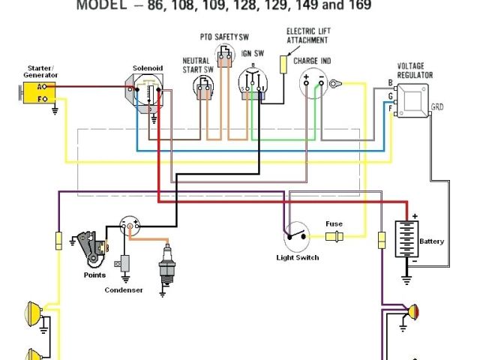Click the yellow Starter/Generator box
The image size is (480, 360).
click(x=35, y=93)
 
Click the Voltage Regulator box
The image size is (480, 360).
click(x=412, y=97)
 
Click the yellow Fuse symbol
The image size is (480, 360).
click(x=334, y=238)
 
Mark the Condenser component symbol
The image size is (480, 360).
click(x=123, y=264)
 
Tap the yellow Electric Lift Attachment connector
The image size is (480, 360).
click(x=283, y=64)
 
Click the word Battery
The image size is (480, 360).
click(x=432, y=241)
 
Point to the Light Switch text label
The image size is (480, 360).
click(x=298, y=258)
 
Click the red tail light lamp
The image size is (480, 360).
click(x=413, y=310)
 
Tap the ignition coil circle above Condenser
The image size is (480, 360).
click(x=130, y=227)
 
